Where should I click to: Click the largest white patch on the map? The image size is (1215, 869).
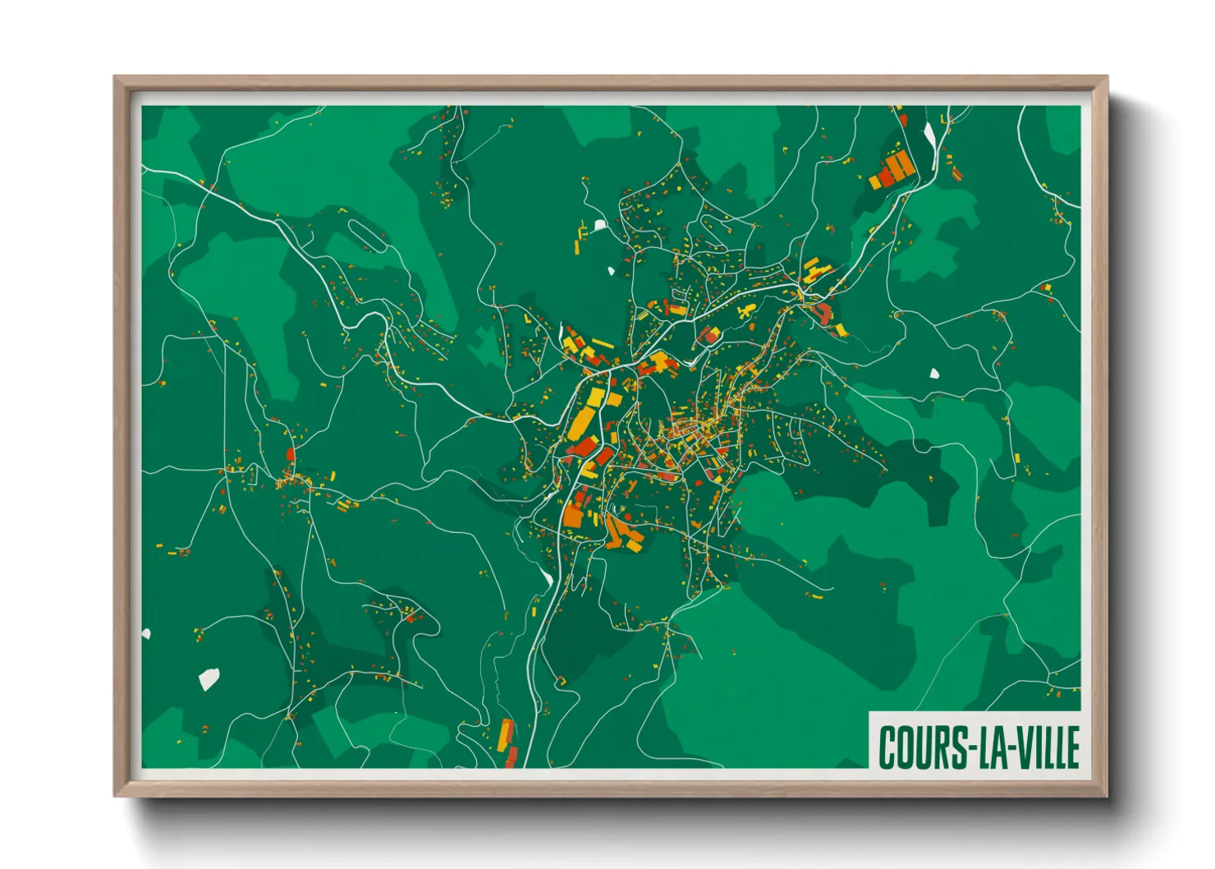pyautogui.click(x=209, y=679)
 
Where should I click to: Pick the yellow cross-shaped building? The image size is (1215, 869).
pyautogui.click(x=746, y=310)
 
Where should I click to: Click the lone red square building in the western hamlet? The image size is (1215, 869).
pyautogui.click(x=290, y=453)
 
